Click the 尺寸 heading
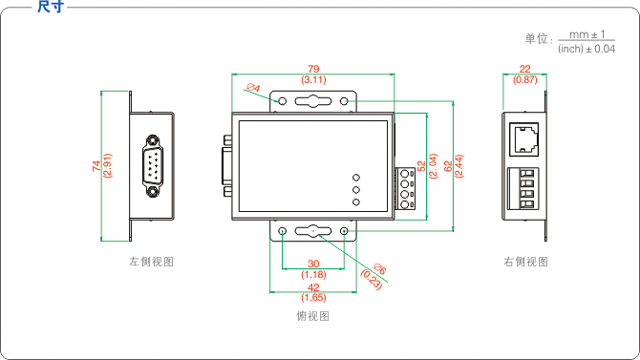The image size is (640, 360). (50, 9)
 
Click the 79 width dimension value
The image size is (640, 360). (313, 69)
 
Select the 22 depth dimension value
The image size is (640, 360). (524, 69)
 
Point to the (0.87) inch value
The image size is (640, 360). (524, 80)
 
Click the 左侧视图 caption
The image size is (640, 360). (151, 261)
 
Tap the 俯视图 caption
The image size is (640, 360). (313, 315)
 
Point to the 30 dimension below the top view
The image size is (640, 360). (313, 265)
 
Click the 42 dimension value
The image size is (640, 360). (313, 287)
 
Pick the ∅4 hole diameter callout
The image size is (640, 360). (253, 89)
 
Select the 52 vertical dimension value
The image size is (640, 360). (421, 165)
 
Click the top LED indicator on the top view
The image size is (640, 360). (356, 177)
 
